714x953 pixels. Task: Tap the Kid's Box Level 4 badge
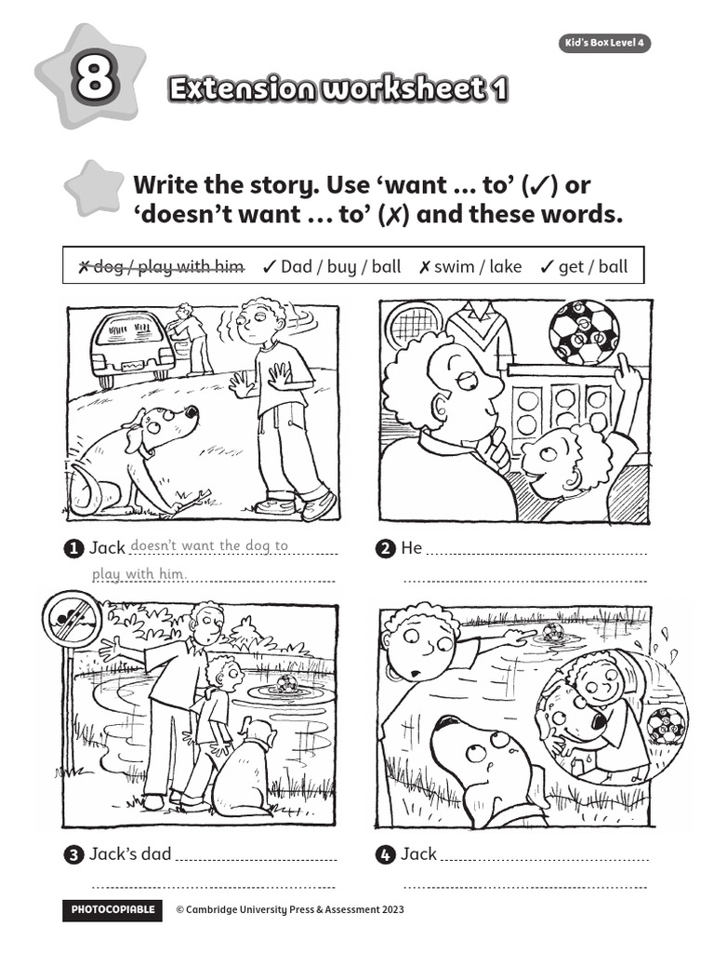(x=603, y=43)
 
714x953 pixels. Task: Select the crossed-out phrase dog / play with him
(x=160, y=267)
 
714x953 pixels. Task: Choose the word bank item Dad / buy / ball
(x=332, y=267)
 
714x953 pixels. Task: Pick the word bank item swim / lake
(x=470, y=267)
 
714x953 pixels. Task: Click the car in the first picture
(x=131, y=346)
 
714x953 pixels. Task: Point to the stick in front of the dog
(x=192, y=501)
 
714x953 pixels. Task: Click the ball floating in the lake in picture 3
(x=286, y=685)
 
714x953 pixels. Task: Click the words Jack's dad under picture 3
(x=130, y=853)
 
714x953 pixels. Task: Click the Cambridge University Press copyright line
(x=290, y=910)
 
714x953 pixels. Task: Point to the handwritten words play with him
(x=139, y=574)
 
